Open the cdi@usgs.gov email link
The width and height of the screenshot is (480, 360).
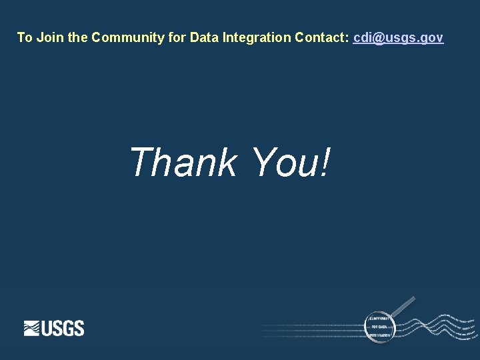pos(398,37)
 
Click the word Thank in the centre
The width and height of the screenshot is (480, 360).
pos(183,162)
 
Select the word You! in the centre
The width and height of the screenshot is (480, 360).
pos(291,162)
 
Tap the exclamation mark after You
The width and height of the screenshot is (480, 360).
pos(324,162)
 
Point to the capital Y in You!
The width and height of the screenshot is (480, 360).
pos(263,162)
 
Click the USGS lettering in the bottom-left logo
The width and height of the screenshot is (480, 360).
pos(63,328)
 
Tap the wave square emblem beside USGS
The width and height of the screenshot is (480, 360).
pos(32,328)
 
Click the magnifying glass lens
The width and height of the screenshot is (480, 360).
pos(380,326)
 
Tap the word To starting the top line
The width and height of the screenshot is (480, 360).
pos(25,37)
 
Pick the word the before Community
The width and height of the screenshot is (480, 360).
pos(77,37)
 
